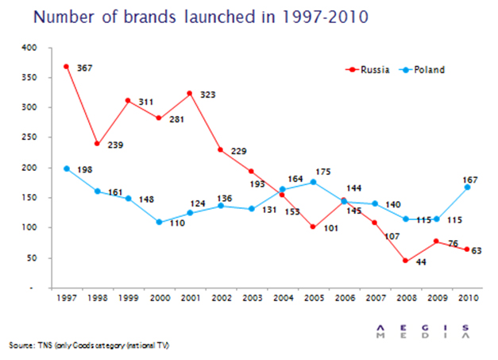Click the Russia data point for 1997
point(68,67)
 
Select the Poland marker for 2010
point(466,188)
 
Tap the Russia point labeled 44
point(404,261)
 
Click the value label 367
point(84,69)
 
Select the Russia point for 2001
point(190,94)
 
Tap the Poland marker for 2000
point(159,222)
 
